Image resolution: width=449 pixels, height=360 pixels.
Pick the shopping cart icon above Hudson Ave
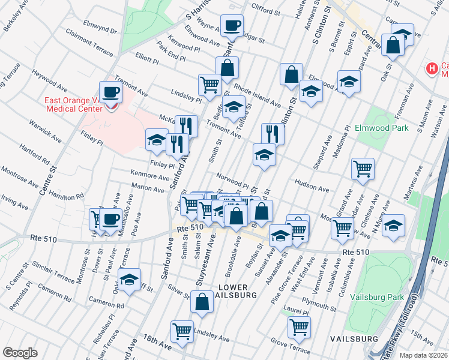click(363, 170)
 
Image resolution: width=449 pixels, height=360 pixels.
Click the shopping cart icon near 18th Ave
click(181, 331)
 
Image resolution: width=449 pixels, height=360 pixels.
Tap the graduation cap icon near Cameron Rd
click(129, 280)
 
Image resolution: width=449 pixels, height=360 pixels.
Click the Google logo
click(20, 353)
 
